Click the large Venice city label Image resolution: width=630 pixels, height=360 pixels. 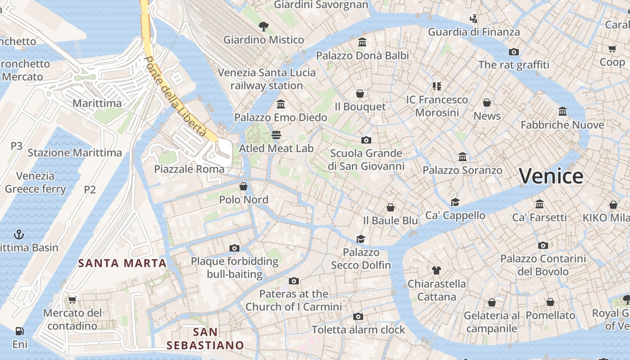tap(551, 176)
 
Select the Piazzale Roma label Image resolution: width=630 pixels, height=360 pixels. tap(189, 169)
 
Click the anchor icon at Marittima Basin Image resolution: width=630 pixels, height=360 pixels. tap(19, 234)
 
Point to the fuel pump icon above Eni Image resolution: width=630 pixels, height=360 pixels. tap(19, 331)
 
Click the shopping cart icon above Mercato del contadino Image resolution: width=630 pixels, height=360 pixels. tap(72, 300)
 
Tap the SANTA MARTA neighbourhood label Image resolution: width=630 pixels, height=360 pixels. tap(122, 263)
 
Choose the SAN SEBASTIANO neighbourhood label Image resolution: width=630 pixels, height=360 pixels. tap(205, 339)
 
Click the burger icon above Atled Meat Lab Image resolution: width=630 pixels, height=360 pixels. tap(276, 135)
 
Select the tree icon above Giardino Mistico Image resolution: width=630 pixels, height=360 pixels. tap(264, 27)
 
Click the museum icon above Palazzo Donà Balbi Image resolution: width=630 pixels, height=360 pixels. tap(362, 42)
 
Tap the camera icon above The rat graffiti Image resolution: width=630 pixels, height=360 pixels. tap(513, 52)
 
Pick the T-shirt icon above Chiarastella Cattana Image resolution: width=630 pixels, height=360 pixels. tap(436, 270)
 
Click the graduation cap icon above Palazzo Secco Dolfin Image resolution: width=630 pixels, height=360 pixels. tap(360, 239)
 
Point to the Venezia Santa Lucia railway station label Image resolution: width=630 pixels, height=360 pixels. tap(267, 79)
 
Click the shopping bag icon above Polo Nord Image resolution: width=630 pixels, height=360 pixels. tap(243, 186)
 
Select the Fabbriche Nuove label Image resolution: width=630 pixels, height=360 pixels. tap(562, 125)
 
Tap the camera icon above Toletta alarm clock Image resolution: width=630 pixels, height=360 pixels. tap(358, 316)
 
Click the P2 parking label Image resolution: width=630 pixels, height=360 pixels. tap(90, 189)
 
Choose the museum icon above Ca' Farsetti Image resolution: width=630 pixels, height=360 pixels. tap(539, 204)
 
